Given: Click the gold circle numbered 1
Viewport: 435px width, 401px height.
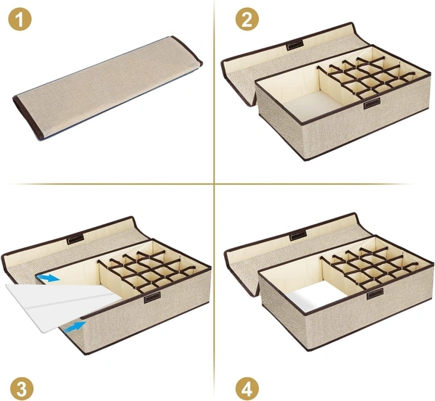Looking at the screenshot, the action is [20, 19].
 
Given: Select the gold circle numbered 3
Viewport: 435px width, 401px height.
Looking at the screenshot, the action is [22, 389].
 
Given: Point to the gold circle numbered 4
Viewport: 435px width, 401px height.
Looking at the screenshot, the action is [247, 389].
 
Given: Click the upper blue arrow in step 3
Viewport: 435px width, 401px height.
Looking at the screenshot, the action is [49, 278].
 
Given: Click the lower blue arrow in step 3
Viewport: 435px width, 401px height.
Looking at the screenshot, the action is [75, 326].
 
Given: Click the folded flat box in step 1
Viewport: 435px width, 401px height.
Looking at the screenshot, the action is [107, 88].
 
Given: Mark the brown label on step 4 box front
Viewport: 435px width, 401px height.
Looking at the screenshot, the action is [375, 294].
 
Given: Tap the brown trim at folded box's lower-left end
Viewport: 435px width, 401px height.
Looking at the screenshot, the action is [28, 117].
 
